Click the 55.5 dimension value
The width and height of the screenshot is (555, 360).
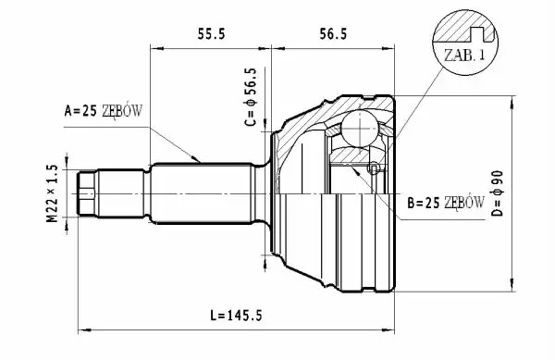coord(211,34)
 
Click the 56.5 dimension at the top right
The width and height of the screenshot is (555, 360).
coord(333,34)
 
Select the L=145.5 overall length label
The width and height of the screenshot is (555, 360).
coord(236,315)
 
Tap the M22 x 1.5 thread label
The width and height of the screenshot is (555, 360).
coord(52,193)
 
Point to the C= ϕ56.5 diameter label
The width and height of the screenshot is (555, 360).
coord(251,97)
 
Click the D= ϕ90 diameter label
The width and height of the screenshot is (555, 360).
coord(498,193)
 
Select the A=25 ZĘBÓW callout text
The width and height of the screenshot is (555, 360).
coord(103,111)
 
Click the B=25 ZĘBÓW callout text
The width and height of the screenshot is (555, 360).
coord(446,203)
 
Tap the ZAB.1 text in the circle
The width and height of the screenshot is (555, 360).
coord(464,55)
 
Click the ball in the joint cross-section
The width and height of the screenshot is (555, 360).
coord(360,129)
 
